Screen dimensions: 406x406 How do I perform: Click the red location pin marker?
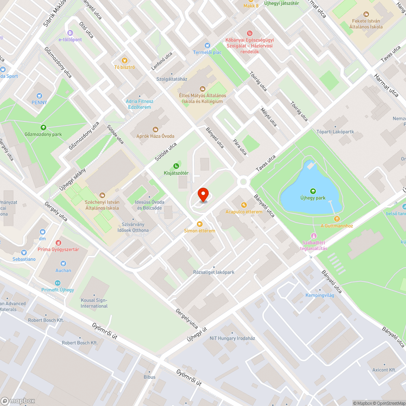tap(203, 194)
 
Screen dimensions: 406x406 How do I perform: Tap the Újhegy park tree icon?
tap(313, 191)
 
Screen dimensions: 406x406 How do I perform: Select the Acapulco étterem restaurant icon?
tap(244, 205)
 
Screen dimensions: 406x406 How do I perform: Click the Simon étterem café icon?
tap(199, 224)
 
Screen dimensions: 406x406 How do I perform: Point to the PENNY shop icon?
tap(39, 96)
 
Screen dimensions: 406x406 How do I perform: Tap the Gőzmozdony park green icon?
tap(43, 127)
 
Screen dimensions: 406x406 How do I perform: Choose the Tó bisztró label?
tap(125, 67)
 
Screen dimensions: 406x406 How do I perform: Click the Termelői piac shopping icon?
tap(207, 45)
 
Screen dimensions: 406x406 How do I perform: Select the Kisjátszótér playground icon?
tap(176, 166)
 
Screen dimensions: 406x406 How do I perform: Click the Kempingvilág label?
tap(320, 295)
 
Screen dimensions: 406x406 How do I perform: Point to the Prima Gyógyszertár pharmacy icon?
tap(58, 242)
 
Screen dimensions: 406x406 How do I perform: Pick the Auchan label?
tap(63, 270)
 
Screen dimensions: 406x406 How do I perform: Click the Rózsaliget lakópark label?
tap(214, 272)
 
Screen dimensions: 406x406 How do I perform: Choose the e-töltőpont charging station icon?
tap(70, 32)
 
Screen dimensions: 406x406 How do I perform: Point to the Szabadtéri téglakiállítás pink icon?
tap(313, 236)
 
